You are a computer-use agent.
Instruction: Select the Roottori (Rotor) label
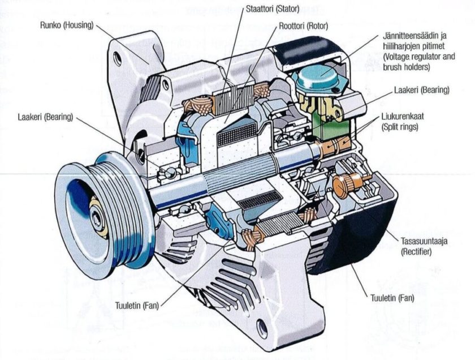[303, 26]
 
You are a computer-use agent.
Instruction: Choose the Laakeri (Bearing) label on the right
[421, 90]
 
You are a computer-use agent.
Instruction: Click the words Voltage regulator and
[418, 57]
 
